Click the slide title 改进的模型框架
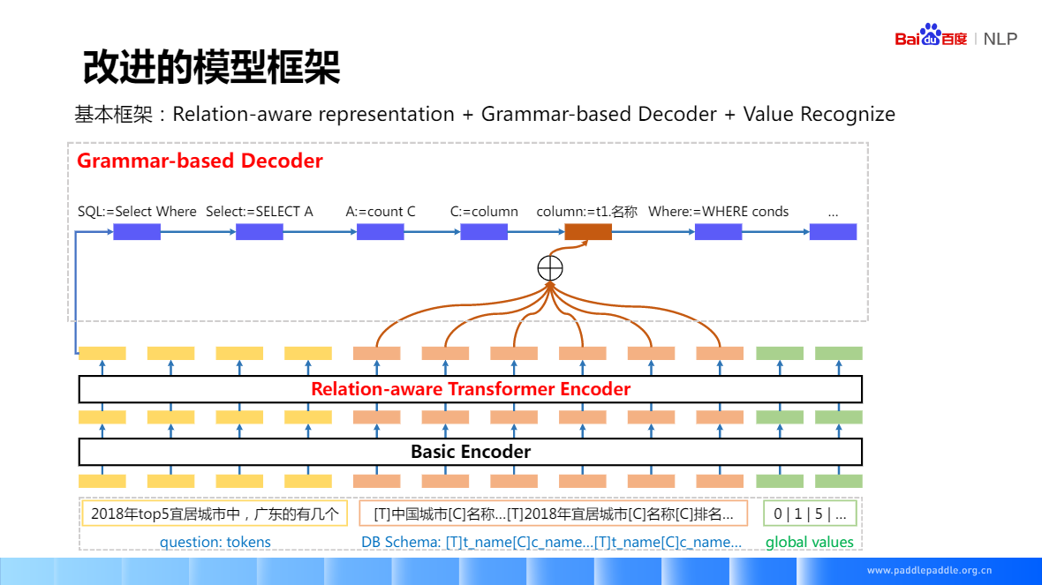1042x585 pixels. [x=211, y=68]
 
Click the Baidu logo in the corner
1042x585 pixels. [x=931, y=37]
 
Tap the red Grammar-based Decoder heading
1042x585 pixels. [x=200, y=161]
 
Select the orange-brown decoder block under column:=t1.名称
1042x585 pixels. [x=588, y=232]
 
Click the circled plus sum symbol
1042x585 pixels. [x=549, y=267]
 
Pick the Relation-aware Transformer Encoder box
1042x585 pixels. [x=470, y=389]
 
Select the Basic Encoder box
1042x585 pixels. [x=470, y=452]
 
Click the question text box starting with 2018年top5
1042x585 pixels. [x=215, y=514]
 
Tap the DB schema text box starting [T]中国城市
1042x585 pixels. [x=553, y=514]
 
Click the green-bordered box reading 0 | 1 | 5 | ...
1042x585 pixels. [x=809, y=514]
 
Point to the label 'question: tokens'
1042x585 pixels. [x=215, y=542]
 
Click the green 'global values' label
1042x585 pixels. [x=809, y=542]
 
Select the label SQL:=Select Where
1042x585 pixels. [x=137, y=212]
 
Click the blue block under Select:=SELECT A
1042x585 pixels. [x=260, y=232]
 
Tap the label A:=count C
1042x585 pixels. [x=380, y=212]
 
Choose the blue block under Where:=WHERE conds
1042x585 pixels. [x=718, y=232]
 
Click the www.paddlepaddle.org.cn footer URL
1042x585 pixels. [x=929, y=570]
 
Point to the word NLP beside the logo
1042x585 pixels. [x=1000, y=39]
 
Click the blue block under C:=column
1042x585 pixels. [x=484, y=232]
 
